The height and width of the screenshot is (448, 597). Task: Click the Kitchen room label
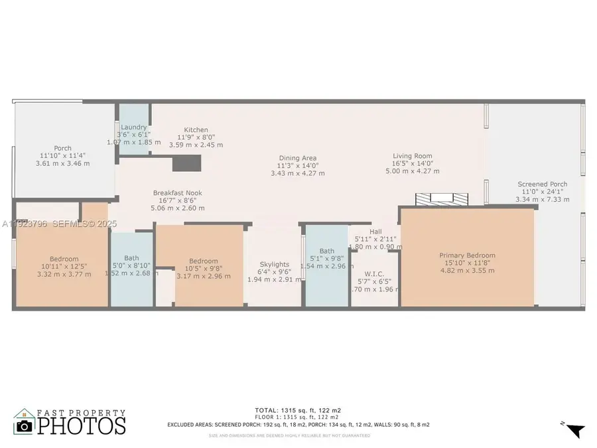pos(196,130)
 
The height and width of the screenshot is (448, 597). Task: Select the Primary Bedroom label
pos(467,255)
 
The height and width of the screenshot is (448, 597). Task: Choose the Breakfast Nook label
pos(177,193)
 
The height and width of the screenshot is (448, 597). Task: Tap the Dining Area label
pos(297,157)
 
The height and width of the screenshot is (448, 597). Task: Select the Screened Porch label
pos(542,184)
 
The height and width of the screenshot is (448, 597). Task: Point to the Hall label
pos(375,232)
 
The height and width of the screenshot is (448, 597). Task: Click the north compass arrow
pos(576,430)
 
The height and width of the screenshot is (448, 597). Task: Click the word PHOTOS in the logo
pos(81,425)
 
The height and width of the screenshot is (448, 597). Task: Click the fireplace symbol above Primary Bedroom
pos(438,199)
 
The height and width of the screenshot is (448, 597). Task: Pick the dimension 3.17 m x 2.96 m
pos(204,276)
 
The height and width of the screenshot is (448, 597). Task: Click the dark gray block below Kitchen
pos(186,163)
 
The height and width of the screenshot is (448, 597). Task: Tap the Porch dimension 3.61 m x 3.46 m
pos(62,163)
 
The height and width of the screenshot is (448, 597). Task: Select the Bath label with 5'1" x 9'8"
pos(326,251)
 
